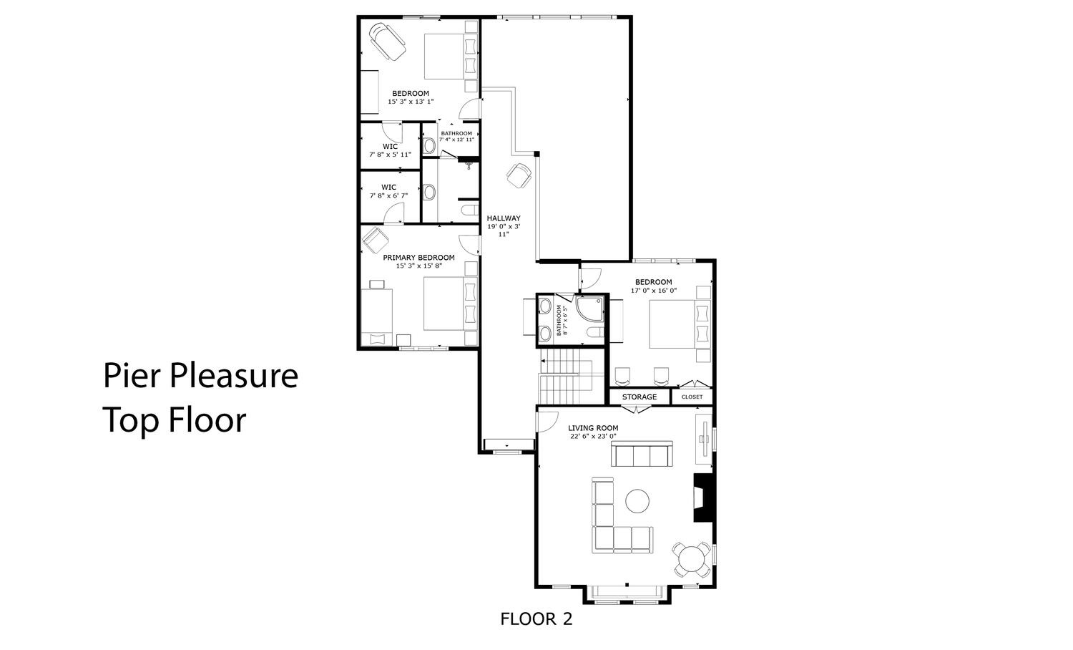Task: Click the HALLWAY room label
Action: pyautogui.click(x=504, y=218)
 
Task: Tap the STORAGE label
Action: pyautogui.click(x=639, y=397)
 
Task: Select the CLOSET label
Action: pyautogui.click(x=692, y=397)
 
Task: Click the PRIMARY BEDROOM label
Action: pyautogui.click(x=418, y=258)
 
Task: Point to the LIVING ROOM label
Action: pyautogui.click(x=593, y=428)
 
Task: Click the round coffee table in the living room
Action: pyautogui.click(x=637, y=501)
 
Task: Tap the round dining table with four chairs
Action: pyautogui.click(x=692, y=559)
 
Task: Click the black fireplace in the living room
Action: pyautogui.click(x=704, y=498)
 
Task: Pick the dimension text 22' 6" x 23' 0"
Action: pyautogui.click(x=593, y=436)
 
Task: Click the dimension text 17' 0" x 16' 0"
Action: pyautogui.click(x=653, y=291)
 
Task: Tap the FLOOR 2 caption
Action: pyautogui.click(x=536, y=619)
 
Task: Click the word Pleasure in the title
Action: pyautogui.click(x=234, y=376)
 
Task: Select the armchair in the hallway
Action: pyautogui.click(x=519, y=175)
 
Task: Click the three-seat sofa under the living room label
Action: pyautogui.click(x=642, y=454)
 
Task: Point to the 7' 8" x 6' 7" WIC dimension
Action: pyautogui.click(x=388, y=195)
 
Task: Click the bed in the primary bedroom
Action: pyautogui.click(x=450, y=304)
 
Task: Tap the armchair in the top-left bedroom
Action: pyautogui.click(x=387, y=42)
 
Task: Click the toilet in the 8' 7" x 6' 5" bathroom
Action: pyautogui.click(x=595, y=332)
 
